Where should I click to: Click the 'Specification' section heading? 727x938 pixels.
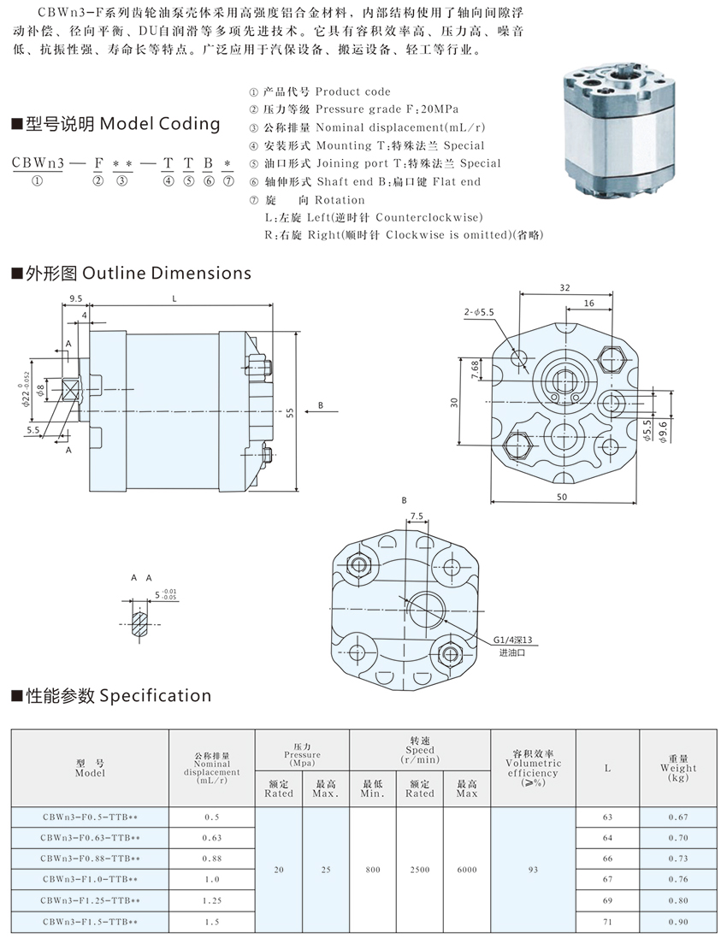coord(110,695)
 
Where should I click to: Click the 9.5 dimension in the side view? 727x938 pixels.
coord(75,299)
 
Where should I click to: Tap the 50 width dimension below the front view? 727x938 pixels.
coord(561,495)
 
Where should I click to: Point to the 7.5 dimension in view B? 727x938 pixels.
coord(417,516)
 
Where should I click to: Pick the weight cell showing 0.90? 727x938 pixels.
coord(678,922)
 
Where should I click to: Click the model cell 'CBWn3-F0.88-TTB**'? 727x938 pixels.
coord(90,858)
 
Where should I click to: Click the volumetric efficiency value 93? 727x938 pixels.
coord(533,870)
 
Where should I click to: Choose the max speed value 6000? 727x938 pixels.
coord(466,870)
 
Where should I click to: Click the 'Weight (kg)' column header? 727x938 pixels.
coord(678,768)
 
